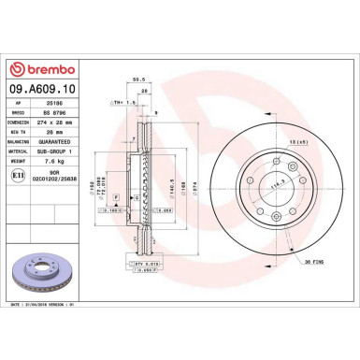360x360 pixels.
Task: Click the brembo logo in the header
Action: tap(47, 70)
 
